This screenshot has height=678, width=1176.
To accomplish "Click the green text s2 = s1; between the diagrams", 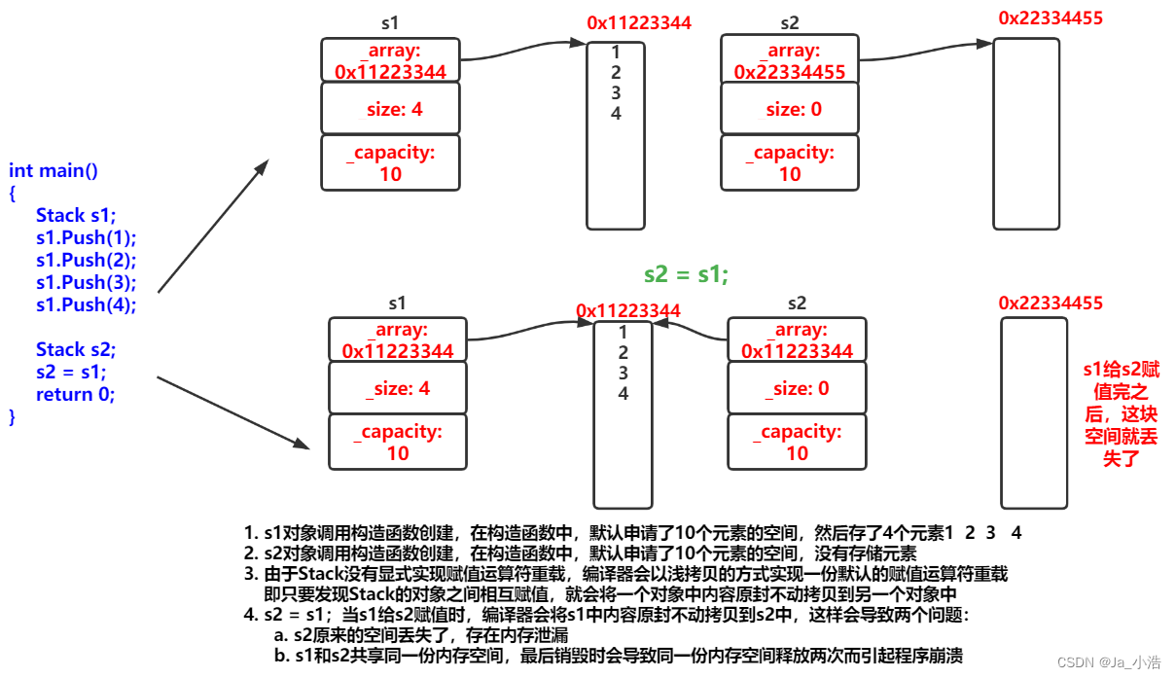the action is tap(686, 274).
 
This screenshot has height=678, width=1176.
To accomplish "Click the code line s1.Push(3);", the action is tap(87, 282).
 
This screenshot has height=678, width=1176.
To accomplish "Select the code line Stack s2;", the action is tap(76, 349).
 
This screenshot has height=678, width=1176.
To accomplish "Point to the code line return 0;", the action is tap(75, 394).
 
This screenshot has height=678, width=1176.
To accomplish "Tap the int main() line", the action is tap(53, 170).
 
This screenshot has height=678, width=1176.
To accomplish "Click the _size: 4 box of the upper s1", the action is tap(391, 108).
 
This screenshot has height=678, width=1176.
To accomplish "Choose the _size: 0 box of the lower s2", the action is tap(797, 387).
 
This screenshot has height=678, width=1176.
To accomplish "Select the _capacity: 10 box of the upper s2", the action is tap(790, 162).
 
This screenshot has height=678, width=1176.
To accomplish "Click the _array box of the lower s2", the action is tap(797, 339).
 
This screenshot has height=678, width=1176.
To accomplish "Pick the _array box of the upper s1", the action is tap(391, 60).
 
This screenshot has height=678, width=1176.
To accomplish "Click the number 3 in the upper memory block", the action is tap(616, 93).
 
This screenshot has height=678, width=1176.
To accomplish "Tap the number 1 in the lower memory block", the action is tap(624, 333).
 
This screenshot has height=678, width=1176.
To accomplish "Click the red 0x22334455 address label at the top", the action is tap(1051, 18).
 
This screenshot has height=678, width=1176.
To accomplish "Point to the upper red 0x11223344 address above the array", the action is tap(639, 22).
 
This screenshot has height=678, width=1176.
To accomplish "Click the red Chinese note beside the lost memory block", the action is tap(1122, 413).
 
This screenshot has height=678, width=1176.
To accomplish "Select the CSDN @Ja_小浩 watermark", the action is tap(1109, 662).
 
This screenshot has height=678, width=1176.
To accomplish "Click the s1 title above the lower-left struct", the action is tap(397, 303).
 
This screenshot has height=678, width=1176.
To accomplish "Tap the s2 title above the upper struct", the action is tap(790, 23).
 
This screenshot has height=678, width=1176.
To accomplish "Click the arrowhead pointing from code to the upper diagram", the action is tap(263, 167).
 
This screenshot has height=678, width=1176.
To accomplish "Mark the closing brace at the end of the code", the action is tap(12, 417).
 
